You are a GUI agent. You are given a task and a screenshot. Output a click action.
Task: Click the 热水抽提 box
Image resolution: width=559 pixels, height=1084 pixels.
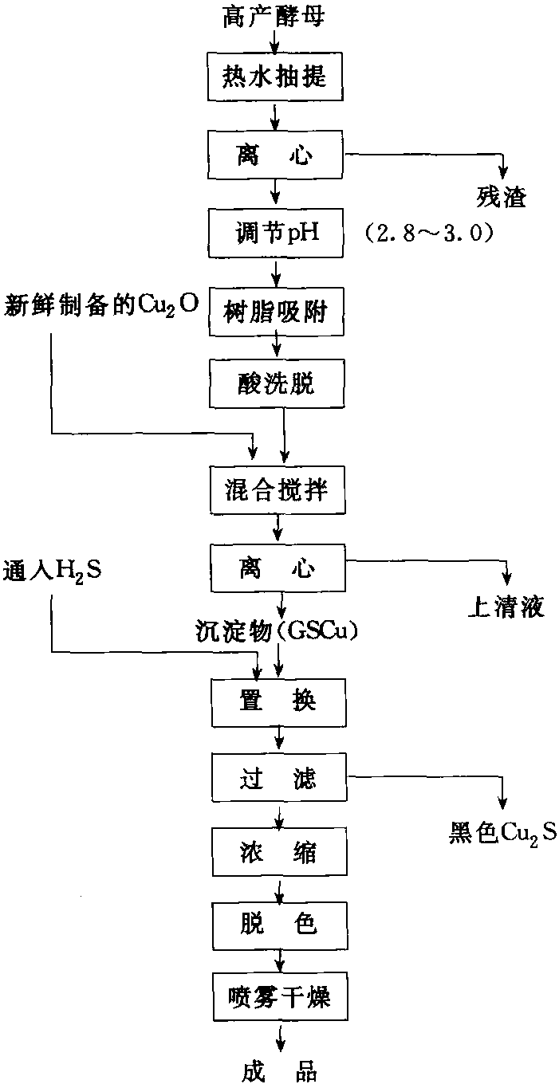[x=275, y=77]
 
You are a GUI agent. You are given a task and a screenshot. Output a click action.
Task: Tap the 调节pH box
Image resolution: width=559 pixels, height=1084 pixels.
[x=275, y=232]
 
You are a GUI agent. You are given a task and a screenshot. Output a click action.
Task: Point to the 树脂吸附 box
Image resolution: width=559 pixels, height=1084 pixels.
[x=275, y=311]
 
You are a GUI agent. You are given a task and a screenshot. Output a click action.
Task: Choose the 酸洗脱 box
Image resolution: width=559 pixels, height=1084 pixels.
[x=275, y=383]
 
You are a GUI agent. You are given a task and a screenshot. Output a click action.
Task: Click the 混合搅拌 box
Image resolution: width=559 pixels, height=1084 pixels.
[x=275, y=491]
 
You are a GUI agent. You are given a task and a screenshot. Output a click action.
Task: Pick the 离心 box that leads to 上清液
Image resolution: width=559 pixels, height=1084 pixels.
[x=275, y=568]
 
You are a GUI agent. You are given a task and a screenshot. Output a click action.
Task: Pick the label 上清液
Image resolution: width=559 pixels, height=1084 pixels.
[x=505, y=608]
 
